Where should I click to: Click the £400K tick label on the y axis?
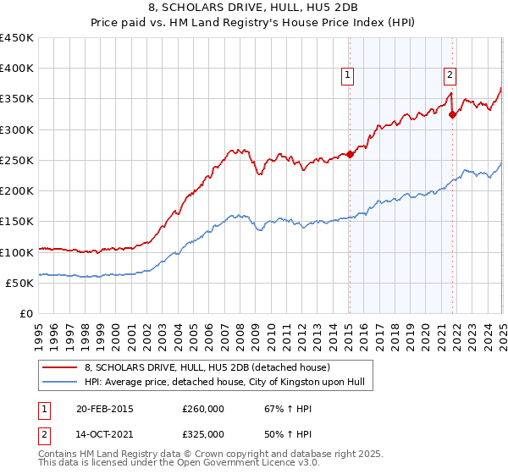[17, 69]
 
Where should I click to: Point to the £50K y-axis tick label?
[20, 283]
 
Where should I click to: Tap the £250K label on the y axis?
[17, 160]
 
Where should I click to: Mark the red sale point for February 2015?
[351, 154]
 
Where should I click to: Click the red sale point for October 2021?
[453, 114]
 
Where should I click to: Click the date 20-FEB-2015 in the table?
[103, 409]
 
